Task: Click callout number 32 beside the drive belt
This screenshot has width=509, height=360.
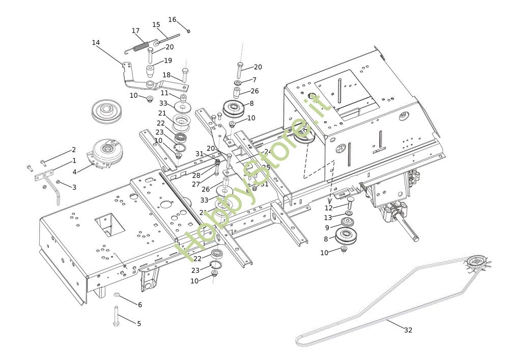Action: [x=408, y=330]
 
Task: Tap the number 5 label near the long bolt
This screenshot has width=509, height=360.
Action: [x=138, y=323]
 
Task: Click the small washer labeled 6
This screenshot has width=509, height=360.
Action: [x=117, y=294]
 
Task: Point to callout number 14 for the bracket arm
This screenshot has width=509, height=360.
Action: [x=96, y=42]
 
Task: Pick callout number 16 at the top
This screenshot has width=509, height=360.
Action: [x=172, y=19]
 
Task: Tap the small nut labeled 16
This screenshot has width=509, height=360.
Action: [x=188, y=31]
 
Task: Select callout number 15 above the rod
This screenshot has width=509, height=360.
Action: [x=156, y=24]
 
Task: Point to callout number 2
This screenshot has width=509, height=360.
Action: [x=74, y=150]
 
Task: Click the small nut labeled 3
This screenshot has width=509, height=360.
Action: [x=59, y=182]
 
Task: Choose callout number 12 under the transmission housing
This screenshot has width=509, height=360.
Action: [x=328, y=208]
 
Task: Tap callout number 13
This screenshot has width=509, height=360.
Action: [x=328, y=218]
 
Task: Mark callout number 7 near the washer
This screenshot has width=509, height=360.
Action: [x=254, y=80]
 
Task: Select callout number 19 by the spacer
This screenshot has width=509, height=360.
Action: [x=168, y=61]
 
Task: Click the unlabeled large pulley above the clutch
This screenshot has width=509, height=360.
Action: [x=108, y=111]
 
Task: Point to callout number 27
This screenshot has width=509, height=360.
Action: [x=196, y=184]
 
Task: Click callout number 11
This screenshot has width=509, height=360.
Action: [x=164, y=93]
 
